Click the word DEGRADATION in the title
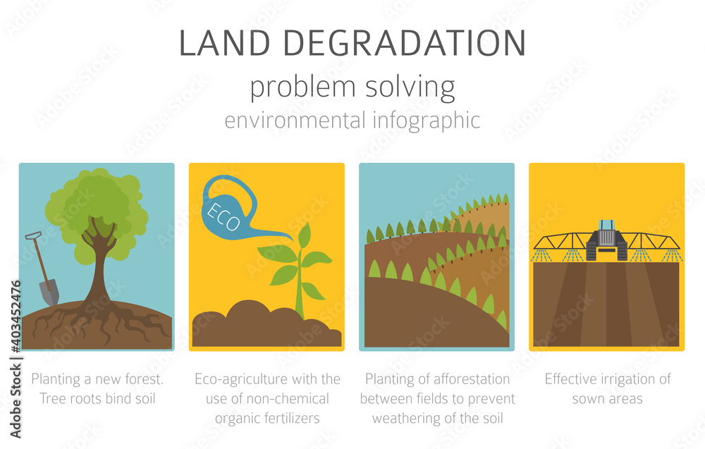tap(405, 43)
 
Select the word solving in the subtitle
tap(410, 88)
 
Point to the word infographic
tap(427, 121)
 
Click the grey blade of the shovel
tap(49, 292)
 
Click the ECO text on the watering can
tap(223, 217)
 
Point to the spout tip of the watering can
tap(293, 239)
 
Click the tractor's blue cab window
tap(606, 225)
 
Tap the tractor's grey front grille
tap(606, 237)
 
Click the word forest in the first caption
tap(144, 379)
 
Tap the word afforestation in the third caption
tap(472, 379)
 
